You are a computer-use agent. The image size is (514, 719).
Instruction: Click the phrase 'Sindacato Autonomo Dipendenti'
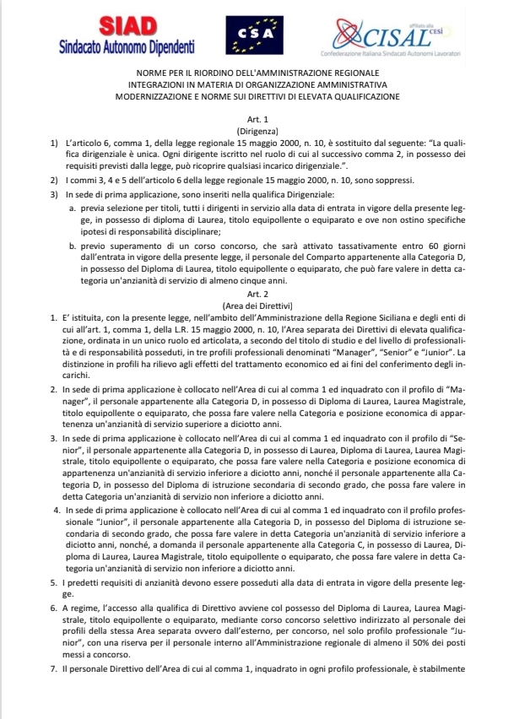(x=127, y=46)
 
